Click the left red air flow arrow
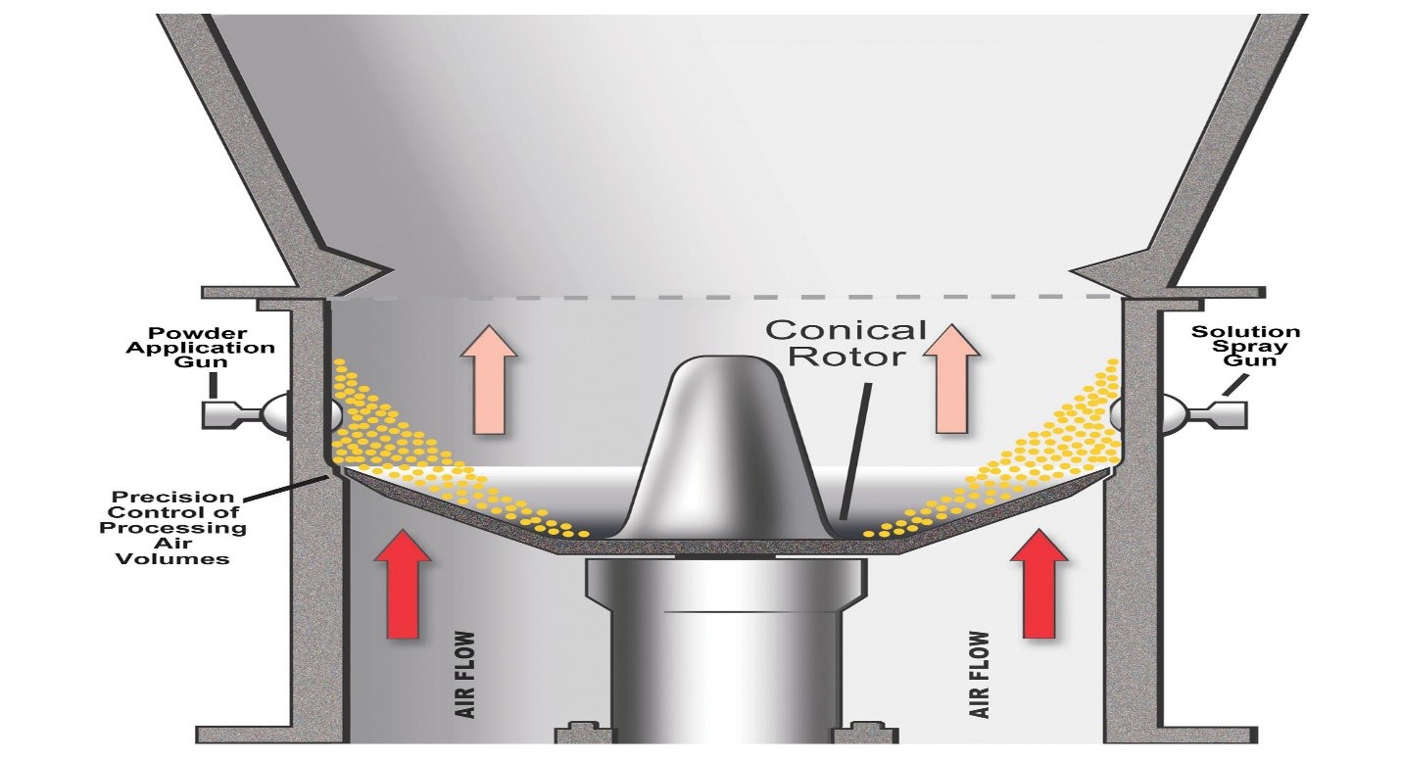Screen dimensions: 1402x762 403,585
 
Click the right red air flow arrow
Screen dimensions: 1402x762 1039,585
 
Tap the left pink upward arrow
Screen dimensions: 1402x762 489,379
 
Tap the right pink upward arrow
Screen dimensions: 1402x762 951,379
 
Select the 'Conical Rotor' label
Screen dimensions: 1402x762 846,343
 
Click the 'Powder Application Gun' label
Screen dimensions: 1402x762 200,348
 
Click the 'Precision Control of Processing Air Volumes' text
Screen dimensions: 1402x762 172,528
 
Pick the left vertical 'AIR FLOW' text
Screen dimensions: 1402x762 465,675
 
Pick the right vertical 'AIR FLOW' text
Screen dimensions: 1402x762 979,675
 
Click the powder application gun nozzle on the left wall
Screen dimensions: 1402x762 245,413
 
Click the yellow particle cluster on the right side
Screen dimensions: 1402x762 1014,456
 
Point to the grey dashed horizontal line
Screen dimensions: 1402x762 724,296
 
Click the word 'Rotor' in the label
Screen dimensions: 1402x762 846,357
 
